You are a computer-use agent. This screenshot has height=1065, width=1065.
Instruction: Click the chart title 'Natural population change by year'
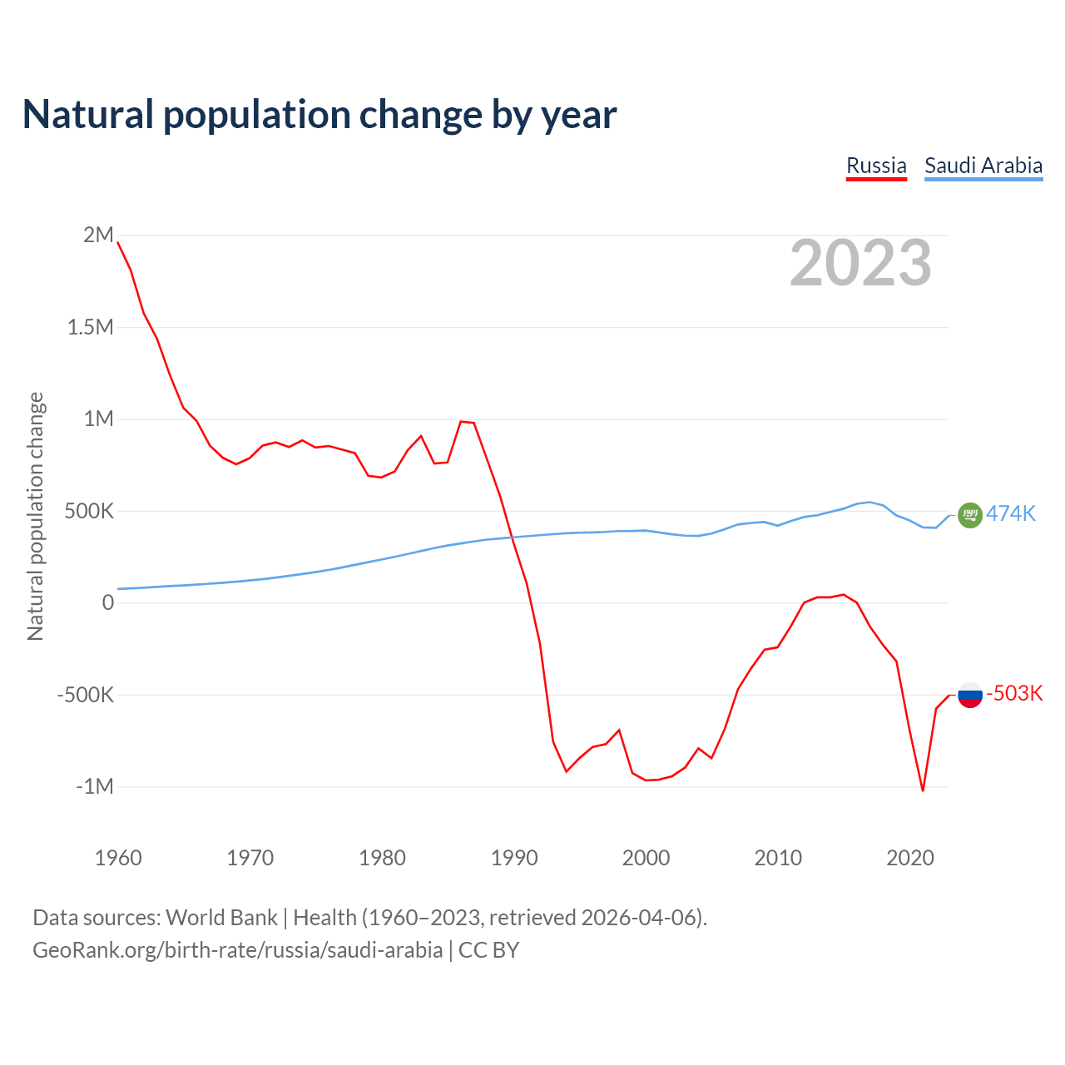point(319,115)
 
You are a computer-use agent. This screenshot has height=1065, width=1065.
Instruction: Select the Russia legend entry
point(876,166)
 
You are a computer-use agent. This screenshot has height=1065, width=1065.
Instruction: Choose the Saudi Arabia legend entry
point(983,166)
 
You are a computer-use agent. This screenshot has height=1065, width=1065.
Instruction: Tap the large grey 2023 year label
point(860,263)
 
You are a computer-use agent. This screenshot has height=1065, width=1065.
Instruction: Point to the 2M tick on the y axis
point(98,235)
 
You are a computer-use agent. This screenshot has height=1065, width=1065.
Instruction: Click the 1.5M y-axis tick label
point(91,327)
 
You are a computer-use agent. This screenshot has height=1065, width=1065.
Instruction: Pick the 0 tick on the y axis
point(107,602)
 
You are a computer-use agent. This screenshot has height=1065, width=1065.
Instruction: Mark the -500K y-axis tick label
point(86,695)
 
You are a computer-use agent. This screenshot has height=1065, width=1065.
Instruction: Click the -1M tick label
point(95,786)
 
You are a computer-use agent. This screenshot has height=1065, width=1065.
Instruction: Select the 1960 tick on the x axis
point(118,858)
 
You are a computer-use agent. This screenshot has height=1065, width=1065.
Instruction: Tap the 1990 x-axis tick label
point(514,858)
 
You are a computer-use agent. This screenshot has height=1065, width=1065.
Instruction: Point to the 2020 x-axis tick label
point(910,858)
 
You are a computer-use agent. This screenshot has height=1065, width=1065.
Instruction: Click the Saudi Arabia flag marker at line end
point(970,515)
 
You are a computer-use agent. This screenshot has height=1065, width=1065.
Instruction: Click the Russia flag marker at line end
point(970,694)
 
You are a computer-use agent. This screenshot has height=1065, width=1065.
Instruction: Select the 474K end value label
point(1011,513)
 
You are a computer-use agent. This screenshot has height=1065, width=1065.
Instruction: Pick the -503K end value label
point(1014,693)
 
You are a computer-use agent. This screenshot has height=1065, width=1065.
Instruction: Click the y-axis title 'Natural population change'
point(35,516)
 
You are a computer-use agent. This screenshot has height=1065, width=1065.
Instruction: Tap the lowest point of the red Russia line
point(923,790)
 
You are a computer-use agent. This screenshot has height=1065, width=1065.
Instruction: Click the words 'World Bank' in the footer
point(221,918)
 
